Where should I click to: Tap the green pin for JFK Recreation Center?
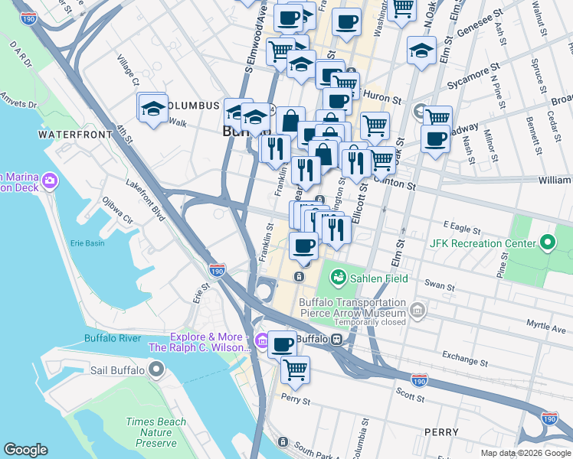point(547,244)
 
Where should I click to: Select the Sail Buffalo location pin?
point(156,371)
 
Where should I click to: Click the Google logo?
point(25,450)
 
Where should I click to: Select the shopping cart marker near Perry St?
point(295,369)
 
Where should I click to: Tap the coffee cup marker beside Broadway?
point(436,140)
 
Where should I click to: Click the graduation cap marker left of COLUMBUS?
point(153,108)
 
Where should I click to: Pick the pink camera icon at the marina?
point(50,181)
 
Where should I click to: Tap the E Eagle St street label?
point(460,228)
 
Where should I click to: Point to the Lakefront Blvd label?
point(146,201)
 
